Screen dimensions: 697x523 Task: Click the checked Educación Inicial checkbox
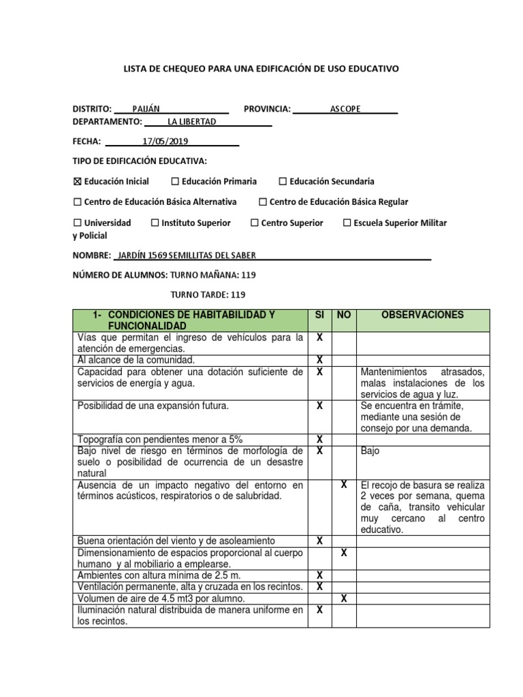click(x=77, y=182)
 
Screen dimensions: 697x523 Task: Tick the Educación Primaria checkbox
click(x=175, y=182)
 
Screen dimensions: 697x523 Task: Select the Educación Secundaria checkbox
click(x=283, y=182)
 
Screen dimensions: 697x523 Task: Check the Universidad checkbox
click(x=77, y=223)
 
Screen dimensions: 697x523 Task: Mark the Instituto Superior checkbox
click(x=155, y=223)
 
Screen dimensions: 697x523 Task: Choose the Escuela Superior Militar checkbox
click(x=347, y=223)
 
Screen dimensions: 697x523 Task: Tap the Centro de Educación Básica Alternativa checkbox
click(x=77, y=202)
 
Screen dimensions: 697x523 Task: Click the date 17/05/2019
click(x=165, y=142)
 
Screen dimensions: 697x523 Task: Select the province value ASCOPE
click(x=345, y=109)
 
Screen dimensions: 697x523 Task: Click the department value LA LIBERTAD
click(x=191, y=122)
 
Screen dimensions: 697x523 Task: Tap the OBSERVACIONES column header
click(x=422, y=315)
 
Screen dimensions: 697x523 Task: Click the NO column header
click(x=344, y=315)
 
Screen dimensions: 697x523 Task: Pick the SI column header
click(x=319, y=315)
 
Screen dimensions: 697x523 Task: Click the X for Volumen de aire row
click(x=344, y=598)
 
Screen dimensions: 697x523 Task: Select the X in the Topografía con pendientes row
click(x=319, y=440)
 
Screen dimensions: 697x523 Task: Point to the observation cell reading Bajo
click(x=370, y=451)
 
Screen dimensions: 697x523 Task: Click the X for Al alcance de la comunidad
click(x=319, y=360)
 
